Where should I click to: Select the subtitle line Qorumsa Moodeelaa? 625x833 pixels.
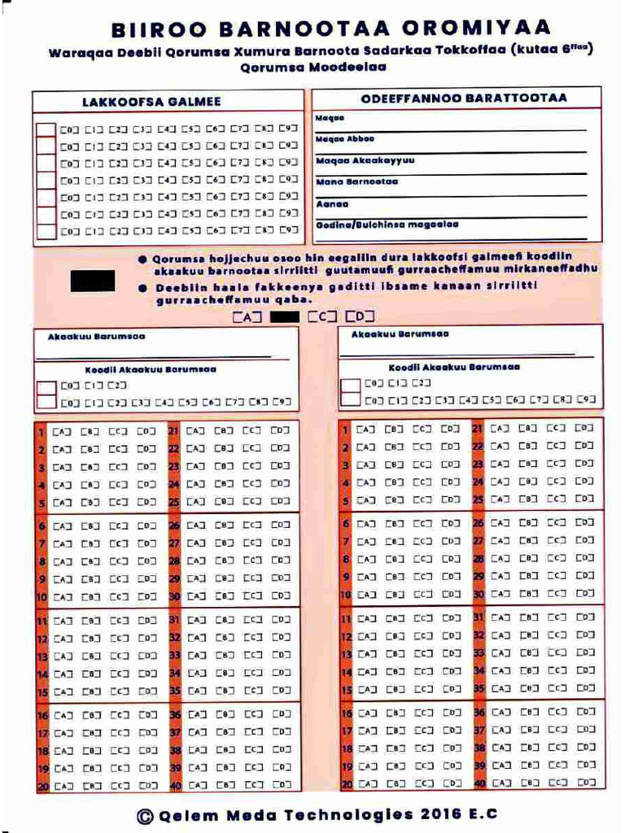coord(313,68)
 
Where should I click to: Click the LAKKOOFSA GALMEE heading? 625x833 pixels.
coord(151,102)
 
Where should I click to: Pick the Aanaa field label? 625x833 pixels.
coord(326,203)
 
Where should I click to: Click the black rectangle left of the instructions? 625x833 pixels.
coord(92,281)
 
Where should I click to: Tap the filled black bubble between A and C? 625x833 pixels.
coord(285,316)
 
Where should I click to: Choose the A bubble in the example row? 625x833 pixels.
coord(247,316)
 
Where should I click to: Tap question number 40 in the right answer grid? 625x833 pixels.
coord(479,783)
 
